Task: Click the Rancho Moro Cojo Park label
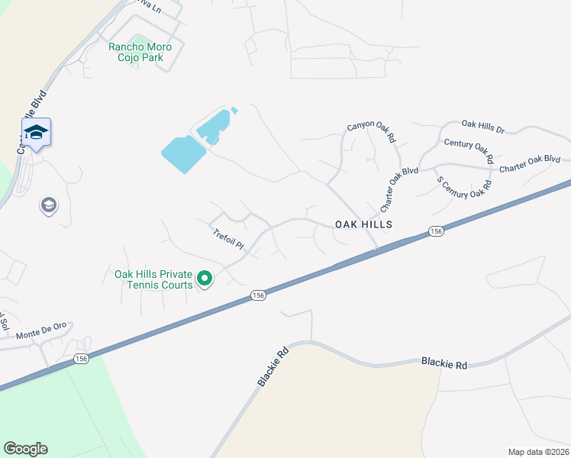point(140,52)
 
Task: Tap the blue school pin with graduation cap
point(36,133)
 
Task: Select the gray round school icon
point(48,205)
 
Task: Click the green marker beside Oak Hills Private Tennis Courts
point(204,279)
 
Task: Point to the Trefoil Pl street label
point(228,240)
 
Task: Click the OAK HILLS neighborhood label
point(363,224)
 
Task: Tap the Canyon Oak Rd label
point(371,133)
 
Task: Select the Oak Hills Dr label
point(483,126)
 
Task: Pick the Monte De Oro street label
point(42,330)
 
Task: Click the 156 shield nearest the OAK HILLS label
point(436,231)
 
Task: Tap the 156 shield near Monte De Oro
point(81,358)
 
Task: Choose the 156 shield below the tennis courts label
point(258,295)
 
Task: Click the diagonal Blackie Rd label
point(273,366)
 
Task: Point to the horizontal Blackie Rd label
point(444,365)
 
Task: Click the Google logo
point(25,449)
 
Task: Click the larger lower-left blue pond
point(183,154)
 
